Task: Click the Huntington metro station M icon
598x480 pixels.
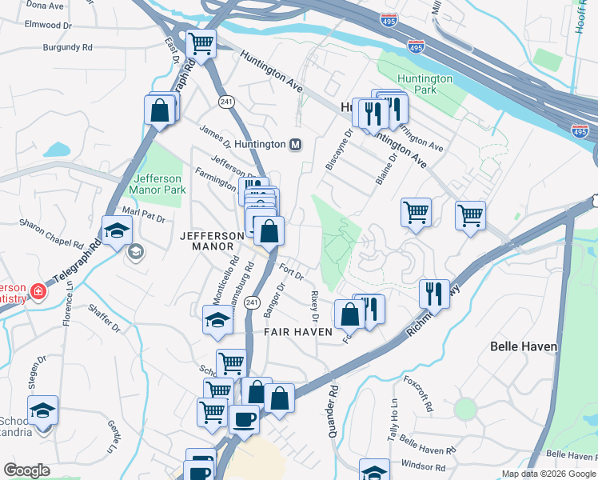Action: (x=296, y=145)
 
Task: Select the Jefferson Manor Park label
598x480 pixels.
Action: (x=160, y=184)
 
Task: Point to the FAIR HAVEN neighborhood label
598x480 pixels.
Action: (x=298, y=331)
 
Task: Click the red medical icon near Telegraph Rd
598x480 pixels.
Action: (x=38, y=290)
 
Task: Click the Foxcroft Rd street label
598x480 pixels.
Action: (x=418, y=393)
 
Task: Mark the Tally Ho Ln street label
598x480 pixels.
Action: (x=393, y=418)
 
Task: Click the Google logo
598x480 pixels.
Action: (x=26, y=470)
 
